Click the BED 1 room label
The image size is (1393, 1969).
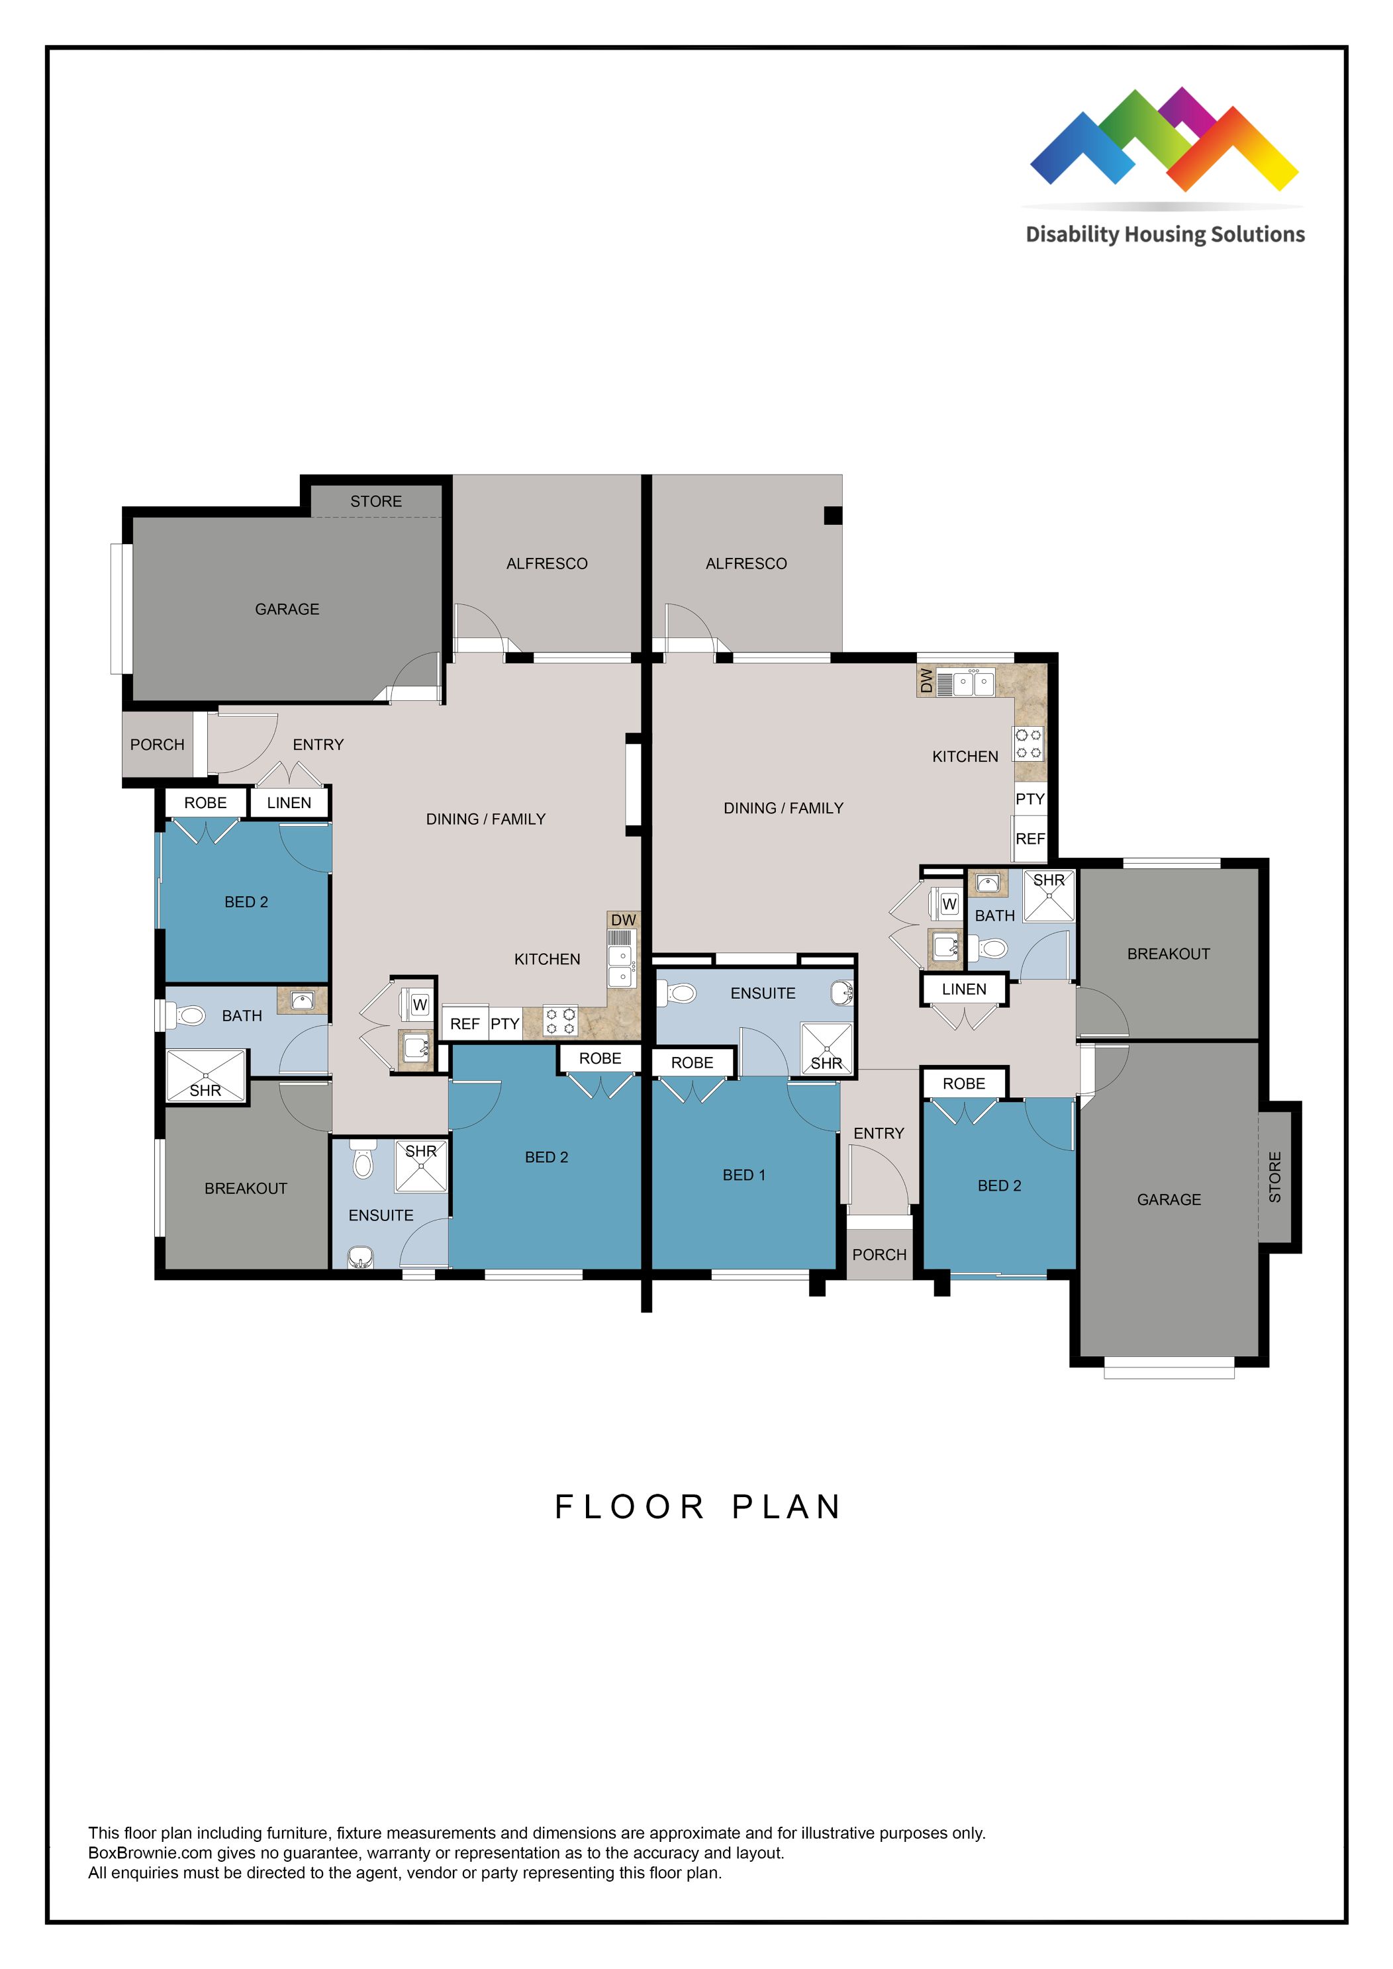(744, 1175)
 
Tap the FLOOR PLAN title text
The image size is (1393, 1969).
(698, 1507)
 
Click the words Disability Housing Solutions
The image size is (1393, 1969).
(1165, 234)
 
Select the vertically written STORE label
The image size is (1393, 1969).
(1274, 1177)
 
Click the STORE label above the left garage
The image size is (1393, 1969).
(375, 501)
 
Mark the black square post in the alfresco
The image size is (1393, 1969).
(832, 516)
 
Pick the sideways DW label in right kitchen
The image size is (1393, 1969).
(926, 681)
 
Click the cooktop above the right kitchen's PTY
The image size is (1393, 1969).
(1028, 743)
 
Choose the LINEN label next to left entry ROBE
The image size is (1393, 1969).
(289, 803)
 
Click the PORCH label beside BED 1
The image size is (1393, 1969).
(879, 1255)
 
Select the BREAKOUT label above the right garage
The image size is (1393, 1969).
(1169, 954)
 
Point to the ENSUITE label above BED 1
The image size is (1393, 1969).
(763, 993)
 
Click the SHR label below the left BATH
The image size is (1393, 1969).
(205, 1090)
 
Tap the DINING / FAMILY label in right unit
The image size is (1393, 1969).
(783, 808)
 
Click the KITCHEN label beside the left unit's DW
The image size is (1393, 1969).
(548, 959)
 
